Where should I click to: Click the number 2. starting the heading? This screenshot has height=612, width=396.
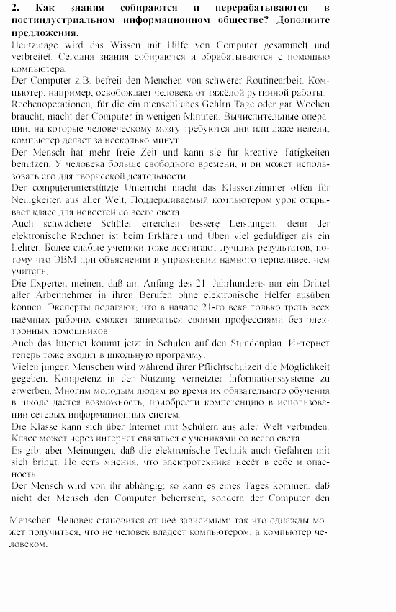17,8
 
